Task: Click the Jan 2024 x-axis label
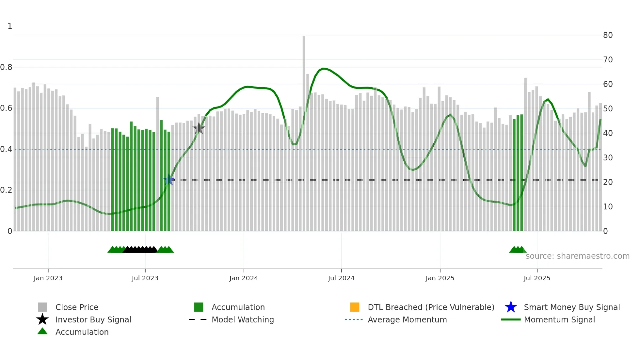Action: pyautogui.click(x=244, y=278)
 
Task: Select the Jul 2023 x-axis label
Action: pyautogui.click(x=145, y=278)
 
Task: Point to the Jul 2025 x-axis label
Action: pyautogui.click(x=537, y=278)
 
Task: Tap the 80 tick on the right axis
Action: pyautogui.click(x=608, y=35)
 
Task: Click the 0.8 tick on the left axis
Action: pyautogui.click(x=6, y=67)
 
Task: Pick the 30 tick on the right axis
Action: pyautogui.click(x=608, y=158)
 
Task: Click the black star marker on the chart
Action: pyautogui.click(x=199, y=128)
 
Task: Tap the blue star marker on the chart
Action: pyautogui.click(x=169, y=180)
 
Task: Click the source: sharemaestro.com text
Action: pyautogui.click(x=577, y=256)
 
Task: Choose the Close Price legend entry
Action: pyautogui.click(x=77, y=307)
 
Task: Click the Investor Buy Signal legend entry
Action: pyautogui.click(x=93, y=319)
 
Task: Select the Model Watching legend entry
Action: pyautogui.click(x=243, y=319)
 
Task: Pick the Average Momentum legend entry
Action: pyautogui.click(x=407, y=319)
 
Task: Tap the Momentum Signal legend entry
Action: pyautogui.click(x=559, y=319)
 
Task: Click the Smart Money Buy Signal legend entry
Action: pyautogui.click(x=572, y=307)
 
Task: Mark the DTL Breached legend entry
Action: pyautogui.click(x=431, y=307)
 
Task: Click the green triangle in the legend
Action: pyautogui.click(x=42, y=332)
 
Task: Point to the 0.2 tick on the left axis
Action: pyautogui.click(x=6, y=190)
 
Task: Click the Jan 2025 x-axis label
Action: pyautogui.click(x=440, y=278)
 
